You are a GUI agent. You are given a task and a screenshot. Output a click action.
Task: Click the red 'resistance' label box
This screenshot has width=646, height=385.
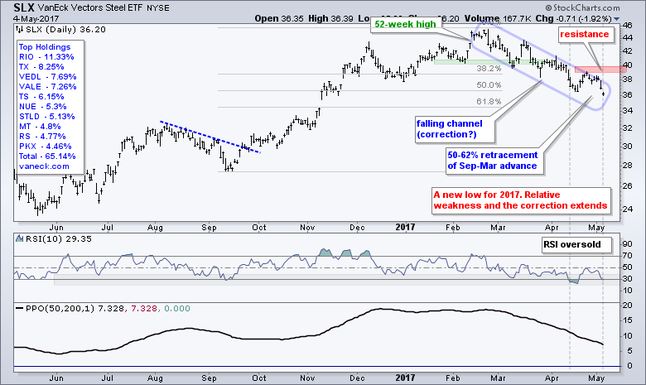tap(585, 34)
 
